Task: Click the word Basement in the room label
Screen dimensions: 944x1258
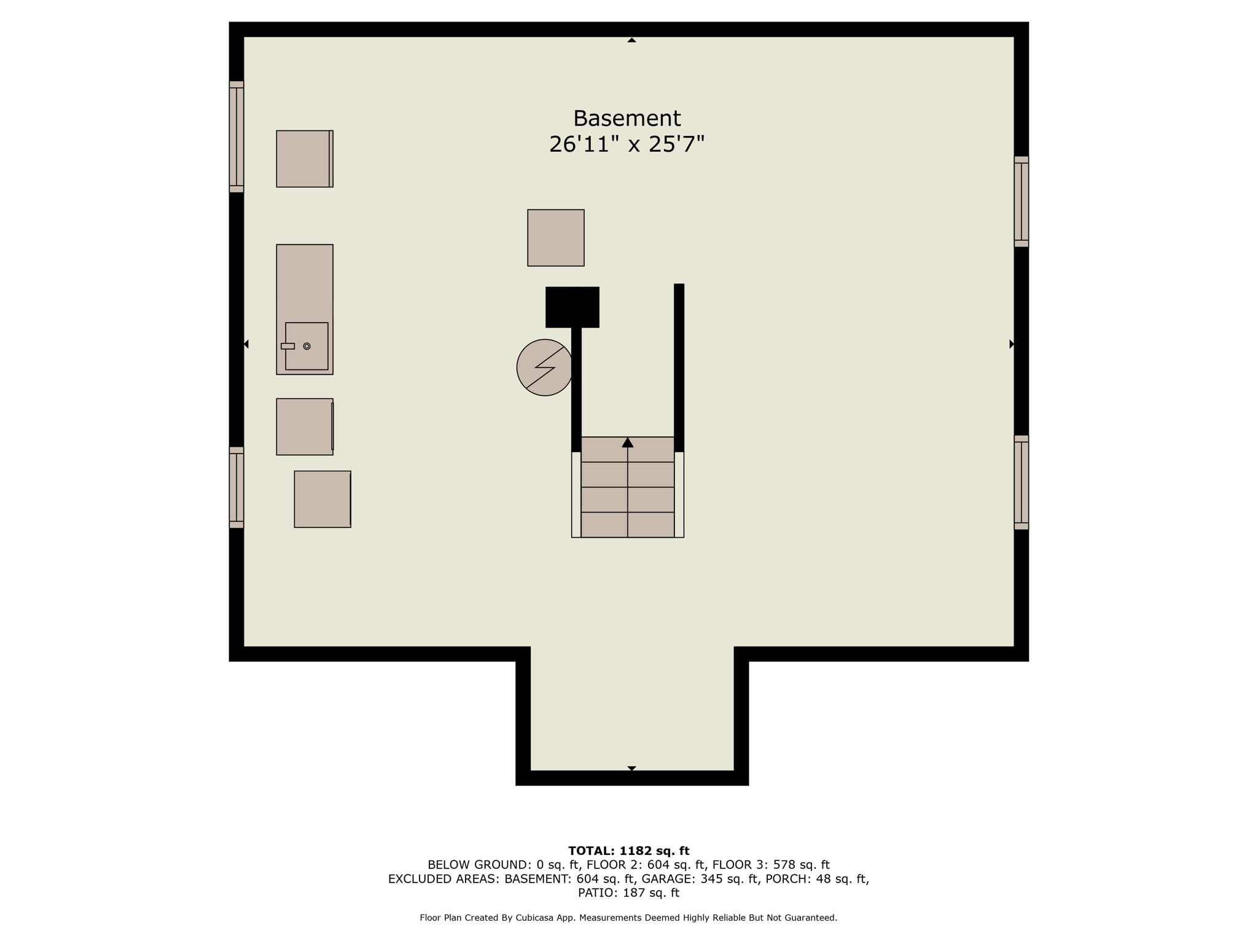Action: coord(627,118)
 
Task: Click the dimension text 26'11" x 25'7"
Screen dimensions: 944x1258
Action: coord(627,144)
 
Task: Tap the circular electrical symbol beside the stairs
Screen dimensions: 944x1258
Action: coord(544,368)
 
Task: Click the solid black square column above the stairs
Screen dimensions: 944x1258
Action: coord(572,307)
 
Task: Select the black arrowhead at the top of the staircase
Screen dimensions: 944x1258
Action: coord(627,442)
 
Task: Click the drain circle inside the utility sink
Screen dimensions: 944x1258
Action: coord(307,346)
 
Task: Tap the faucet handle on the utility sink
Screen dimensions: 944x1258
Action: coord(287,346)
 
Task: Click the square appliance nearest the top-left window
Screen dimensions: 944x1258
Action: coord(304,159)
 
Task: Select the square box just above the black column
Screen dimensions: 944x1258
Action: coord(555,238)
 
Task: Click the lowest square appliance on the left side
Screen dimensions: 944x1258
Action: coord(322,499)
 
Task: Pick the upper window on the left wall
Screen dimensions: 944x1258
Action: coord(236,136)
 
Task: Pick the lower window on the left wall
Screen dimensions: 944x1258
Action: coord(236,487)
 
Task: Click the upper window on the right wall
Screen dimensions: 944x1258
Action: coord(1021,202)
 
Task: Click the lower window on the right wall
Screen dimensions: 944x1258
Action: coord(1021,482)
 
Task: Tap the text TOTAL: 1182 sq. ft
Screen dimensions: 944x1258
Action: coord(628,851)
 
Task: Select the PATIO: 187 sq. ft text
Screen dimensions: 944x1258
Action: coord(628,893)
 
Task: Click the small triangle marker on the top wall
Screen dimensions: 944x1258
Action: coord(631,40)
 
